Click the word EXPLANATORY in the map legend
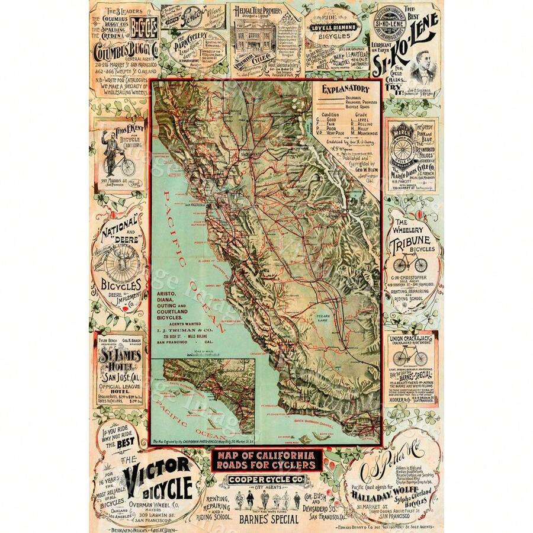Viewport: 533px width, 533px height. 346,89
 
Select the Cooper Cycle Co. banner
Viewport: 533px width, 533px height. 266,479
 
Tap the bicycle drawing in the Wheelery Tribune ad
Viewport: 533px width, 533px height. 411,263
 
